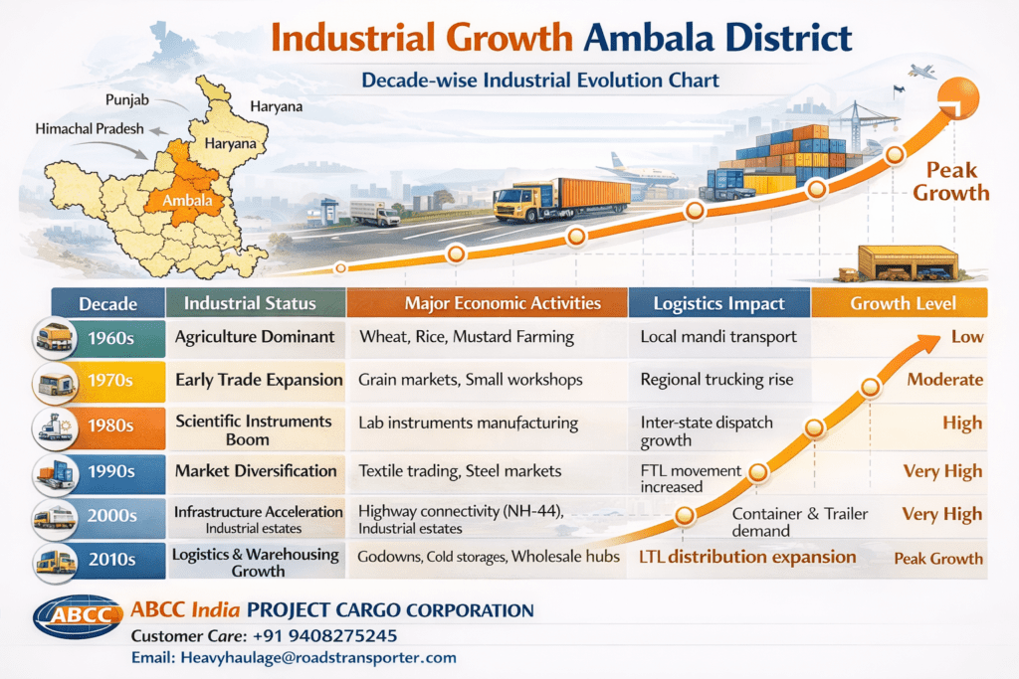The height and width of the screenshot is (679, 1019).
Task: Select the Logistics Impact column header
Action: point(718,303)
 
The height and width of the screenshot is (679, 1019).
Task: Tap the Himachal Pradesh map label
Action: point(90,129)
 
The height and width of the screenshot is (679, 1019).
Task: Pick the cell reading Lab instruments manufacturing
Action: point(468,423)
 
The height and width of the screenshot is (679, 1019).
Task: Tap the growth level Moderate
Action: point(944,379)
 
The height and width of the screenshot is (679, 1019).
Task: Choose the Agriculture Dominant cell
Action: point(255,336)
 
